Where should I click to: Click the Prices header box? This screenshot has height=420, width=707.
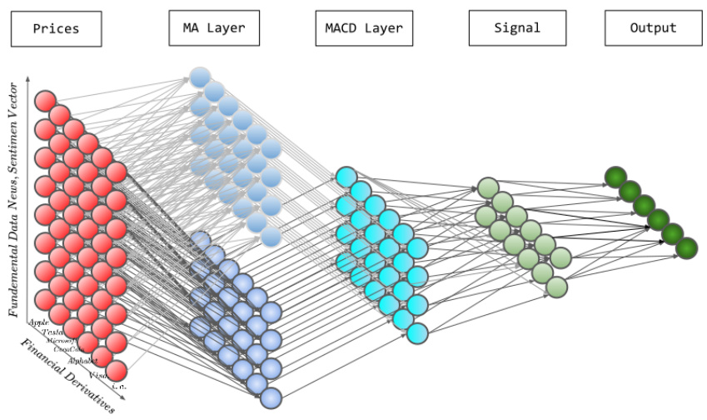coord(56,28)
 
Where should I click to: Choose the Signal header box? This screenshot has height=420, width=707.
coord(517,28)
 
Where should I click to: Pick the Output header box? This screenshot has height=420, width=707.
coord(653,28)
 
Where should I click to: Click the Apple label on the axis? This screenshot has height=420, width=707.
coord(39,322)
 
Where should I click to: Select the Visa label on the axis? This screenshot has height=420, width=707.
coord(97,375)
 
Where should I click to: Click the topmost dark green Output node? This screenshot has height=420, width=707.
coord(615,177)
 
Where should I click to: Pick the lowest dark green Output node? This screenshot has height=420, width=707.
coord(686,247)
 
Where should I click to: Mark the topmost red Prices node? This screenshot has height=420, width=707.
coord(45,101)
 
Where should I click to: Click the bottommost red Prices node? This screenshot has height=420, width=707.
coord(116,370)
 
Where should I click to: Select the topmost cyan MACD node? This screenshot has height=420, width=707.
coord(346,177)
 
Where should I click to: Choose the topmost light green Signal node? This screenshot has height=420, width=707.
coord(487,187)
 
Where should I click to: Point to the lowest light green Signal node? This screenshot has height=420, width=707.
coord(557,287)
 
